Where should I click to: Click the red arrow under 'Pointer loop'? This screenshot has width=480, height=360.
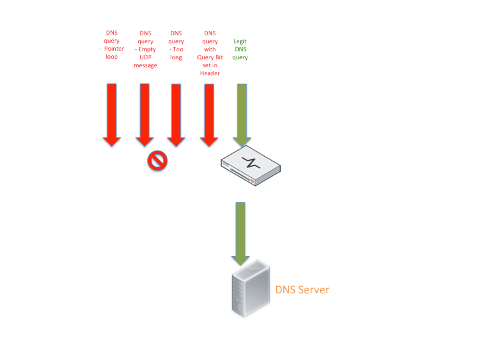pyautogui.click(x=111, y=113)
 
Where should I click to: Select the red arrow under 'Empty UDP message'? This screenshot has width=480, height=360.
pyautogui.click(x=145, y=113)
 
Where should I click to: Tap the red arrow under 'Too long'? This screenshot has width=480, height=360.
pyautogui.click(x=176, y=113)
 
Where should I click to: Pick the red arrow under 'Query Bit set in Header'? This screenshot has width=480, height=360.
pyautogui.click(x=209, y=113)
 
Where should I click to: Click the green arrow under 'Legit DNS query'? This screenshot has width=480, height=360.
pyautogui.click(x=241, y=113)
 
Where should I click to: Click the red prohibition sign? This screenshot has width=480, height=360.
pyautogui.click(x=157, y=160)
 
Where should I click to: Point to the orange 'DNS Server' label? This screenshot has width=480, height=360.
pyautogui.click(x=302, y=289)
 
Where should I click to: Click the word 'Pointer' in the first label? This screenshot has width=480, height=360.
pyautogui.click(x=115, y=49)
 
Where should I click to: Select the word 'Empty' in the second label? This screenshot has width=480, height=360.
pyautogui.click(x=148, y=49)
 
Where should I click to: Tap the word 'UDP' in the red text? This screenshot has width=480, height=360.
pyautogui.click(x=145, y=57)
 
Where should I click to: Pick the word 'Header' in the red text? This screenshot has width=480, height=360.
pyautogui.click(x=210, y=73)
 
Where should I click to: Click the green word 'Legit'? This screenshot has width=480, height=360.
pyautogui.click(x=240, y=41)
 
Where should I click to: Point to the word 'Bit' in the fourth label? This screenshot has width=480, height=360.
pyautogui.click(x=218, y=57)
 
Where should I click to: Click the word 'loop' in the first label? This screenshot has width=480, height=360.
pyautogui.click(x=111, y=57)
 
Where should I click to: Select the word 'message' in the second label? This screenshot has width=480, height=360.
pyautogui.click(x=145, y=65)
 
